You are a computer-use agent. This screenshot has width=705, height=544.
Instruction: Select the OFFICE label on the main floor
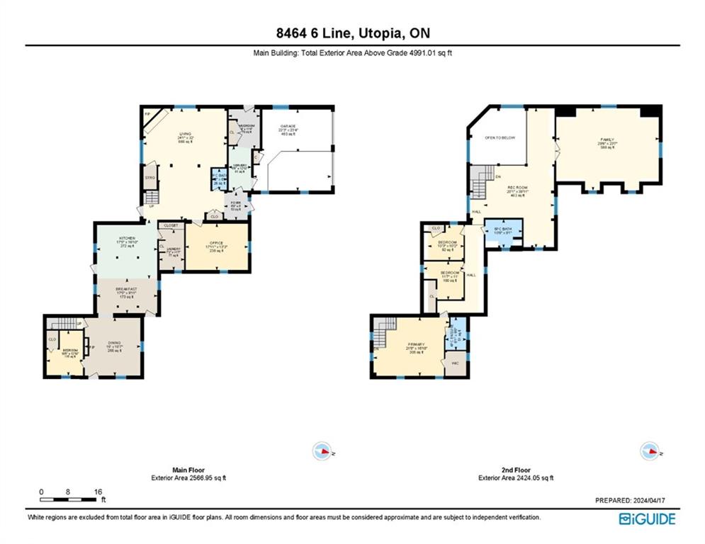pos(216,243)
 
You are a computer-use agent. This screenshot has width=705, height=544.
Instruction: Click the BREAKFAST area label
pos(127,289)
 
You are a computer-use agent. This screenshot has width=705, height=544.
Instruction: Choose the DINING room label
pos(113,343)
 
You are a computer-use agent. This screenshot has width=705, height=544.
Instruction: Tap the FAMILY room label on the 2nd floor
pos(608,140)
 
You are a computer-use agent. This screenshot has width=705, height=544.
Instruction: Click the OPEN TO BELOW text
pos(500,137)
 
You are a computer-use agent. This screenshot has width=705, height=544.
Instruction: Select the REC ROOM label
pos(516,188)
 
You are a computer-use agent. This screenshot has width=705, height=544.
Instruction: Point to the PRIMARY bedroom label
pos(415,344)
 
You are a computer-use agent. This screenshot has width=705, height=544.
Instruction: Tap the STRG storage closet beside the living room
pos(150,177)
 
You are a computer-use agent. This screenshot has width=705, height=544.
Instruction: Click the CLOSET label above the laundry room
pos(171,225)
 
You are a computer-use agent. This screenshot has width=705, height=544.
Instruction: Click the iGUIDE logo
pos(647,518)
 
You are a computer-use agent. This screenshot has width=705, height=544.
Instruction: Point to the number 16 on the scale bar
pos(98,492)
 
